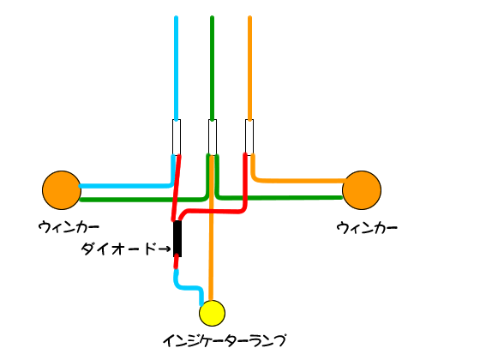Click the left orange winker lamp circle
[62, 190]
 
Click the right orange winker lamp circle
[362, 190]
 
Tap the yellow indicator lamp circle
[212, 313]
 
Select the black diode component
[177, 238]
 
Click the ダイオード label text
[119, 249]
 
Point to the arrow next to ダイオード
[165, 249]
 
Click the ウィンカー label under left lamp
[69, 227]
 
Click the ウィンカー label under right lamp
[367, 228]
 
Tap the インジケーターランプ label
[225, 341]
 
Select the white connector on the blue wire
[177, 137]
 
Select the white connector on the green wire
[213, 137]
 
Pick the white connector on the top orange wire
[249, 137]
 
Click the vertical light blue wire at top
[176, 68]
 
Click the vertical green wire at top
[213, 68]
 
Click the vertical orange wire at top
[249, 68]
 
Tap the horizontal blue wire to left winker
[125, 186]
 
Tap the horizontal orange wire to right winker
[298, 181]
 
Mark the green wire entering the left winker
[142, 200]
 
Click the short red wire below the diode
[176, 262]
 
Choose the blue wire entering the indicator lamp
[188, 288]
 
